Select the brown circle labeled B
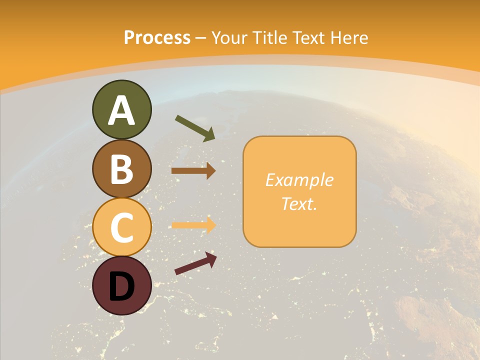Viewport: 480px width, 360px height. point(121,168)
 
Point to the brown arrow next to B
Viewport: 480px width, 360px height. point(193,171)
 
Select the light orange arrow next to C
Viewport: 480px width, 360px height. point(193,225)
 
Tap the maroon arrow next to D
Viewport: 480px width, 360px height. point(195,263)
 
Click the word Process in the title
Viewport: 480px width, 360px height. point(157,37)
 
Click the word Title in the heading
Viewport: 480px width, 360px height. point(269,37)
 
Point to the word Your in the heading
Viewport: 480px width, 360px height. point(230,37)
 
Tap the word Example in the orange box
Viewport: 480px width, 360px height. point(299,180)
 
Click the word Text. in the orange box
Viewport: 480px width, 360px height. point(299,203)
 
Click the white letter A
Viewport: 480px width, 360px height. point(121,110)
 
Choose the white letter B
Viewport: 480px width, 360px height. point(121,168)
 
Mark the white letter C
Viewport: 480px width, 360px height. point(121,228)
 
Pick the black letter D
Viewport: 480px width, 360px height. point(121,286)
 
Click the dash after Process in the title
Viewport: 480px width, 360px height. point(201,38)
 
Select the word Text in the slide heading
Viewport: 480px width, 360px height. point(308,37)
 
